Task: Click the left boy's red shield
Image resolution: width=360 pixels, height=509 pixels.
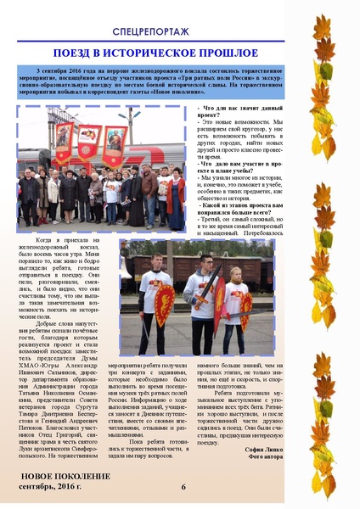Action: coord(163,303)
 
